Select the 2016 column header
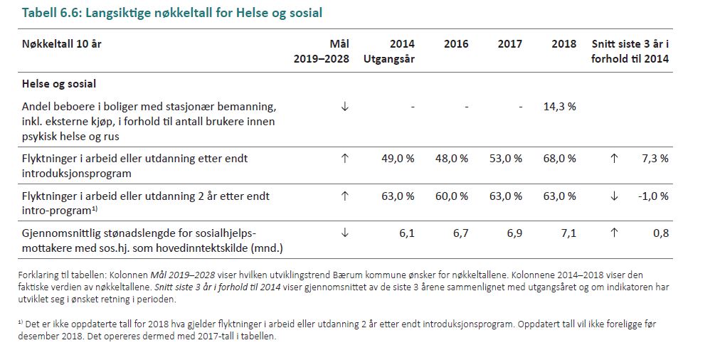[456, 44]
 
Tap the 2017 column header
[510, 44]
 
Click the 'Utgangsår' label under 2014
[389, 59]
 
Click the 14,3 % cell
[560, 106]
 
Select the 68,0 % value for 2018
[560, 158]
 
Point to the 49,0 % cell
[398, 158]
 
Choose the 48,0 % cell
[452, 158]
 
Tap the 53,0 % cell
[506, 158]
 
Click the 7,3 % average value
[655, 158]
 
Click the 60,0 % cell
[452, 196]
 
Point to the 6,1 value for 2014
[407, 233]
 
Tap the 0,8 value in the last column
[662, 233]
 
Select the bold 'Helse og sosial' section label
[59, 84]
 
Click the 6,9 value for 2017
[514, 233]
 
